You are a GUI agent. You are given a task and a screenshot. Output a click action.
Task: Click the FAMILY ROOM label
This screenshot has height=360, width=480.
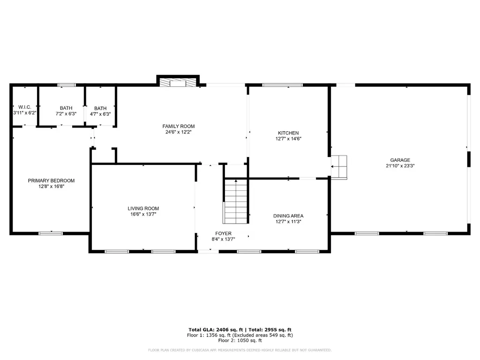(x=179, y=126)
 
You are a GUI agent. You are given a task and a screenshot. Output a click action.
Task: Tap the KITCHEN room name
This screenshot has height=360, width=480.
(x=288, y=133)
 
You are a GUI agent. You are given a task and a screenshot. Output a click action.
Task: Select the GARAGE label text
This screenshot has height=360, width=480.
(x=400, y=160)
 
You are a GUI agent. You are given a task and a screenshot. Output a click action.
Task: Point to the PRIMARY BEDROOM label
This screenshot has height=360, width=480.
(x=52, y=180)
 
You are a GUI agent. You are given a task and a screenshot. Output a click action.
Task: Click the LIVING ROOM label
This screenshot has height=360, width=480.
(x=143, y=209)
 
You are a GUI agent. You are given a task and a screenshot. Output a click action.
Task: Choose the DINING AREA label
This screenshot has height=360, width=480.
(x=288, y=216)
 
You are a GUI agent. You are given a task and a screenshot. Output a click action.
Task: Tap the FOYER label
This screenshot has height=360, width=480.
(x=224, y=233)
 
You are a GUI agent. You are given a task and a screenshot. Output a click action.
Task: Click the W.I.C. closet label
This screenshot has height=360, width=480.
(x=25, y=107)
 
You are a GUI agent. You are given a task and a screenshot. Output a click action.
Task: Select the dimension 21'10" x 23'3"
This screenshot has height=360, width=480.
(x=400, y=166)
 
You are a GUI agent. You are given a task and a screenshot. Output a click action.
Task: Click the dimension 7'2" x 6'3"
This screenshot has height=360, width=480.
(x=66, y=114)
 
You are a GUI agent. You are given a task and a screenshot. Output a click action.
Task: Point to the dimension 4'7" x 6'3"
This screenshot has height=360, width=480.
(x=100, y=114)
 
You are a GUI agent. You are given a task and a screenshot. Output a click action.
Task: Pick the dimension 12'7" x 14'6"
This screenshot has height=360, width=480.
(x=288, y=139)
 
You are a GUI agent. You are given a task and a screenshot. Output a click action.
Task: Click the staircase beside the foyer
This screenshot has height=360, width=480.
(x=236, y=202)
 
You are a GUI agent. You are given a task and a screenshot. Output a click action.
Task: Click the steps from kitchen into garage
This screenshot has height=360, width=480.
(x=339, y=167)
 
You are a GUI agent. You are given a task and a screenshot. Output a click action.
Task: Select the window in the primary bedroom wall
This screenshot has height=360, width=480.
(x=51, y=233)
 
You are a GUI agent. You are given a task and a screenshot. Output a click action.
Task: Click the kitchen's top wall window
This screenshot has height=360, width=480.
(x=283, y=85)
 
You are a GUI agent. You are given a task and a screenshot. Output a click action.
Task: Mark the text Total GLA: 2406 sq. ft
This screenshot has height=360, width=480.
(x=216, y=330)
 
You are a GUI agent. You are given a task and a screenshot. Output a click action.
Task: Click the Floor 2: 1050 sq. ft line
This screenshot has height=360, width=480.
(x=240, y=340)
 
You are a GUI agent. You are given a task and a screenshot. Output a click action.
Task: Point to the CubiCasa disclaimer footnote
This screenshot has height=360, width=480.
(x=240, y=350)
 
